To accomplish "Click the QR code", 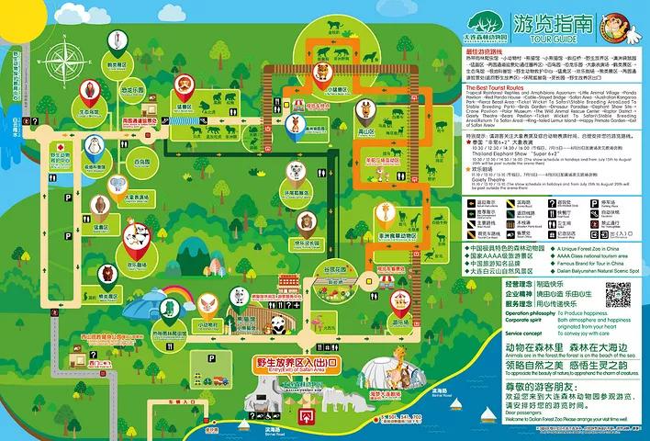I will click(617, 296).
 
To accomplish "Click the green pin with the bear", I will click(108, 273).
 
